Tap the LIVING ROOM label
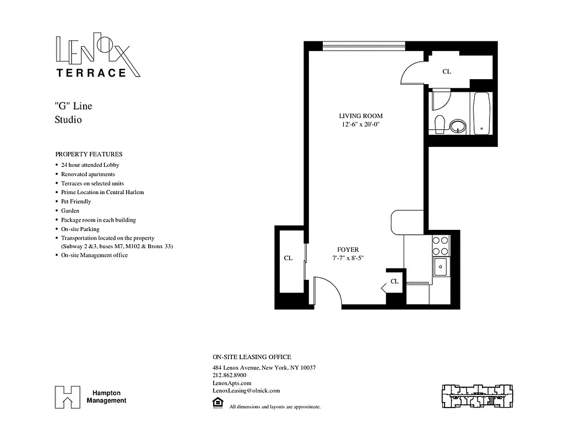(360, 116)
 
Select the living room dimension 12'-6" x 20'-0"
(360, 124)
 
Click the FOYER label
(348, 250)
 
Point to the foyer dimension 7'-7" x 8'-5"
(348, 258)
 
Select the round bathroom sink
(458, 127)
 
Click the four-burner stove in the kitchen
(441, 245)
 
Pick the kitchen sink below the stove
(441, 268)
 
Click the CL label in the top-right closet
(447, 71)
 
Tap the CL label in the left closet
(287, 258)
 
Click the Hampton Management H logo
(67, 397)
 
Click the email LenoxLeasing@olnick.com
(246, 391)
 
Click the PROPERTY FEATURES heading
(89, 155)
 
